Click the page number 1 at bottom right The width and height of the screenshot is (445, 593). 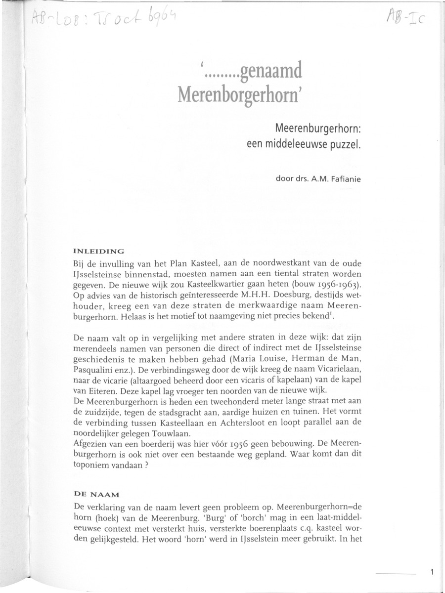(x=432, y=573)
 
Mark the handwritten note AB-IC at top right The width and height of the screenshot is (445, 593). (x=403, y=21)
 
